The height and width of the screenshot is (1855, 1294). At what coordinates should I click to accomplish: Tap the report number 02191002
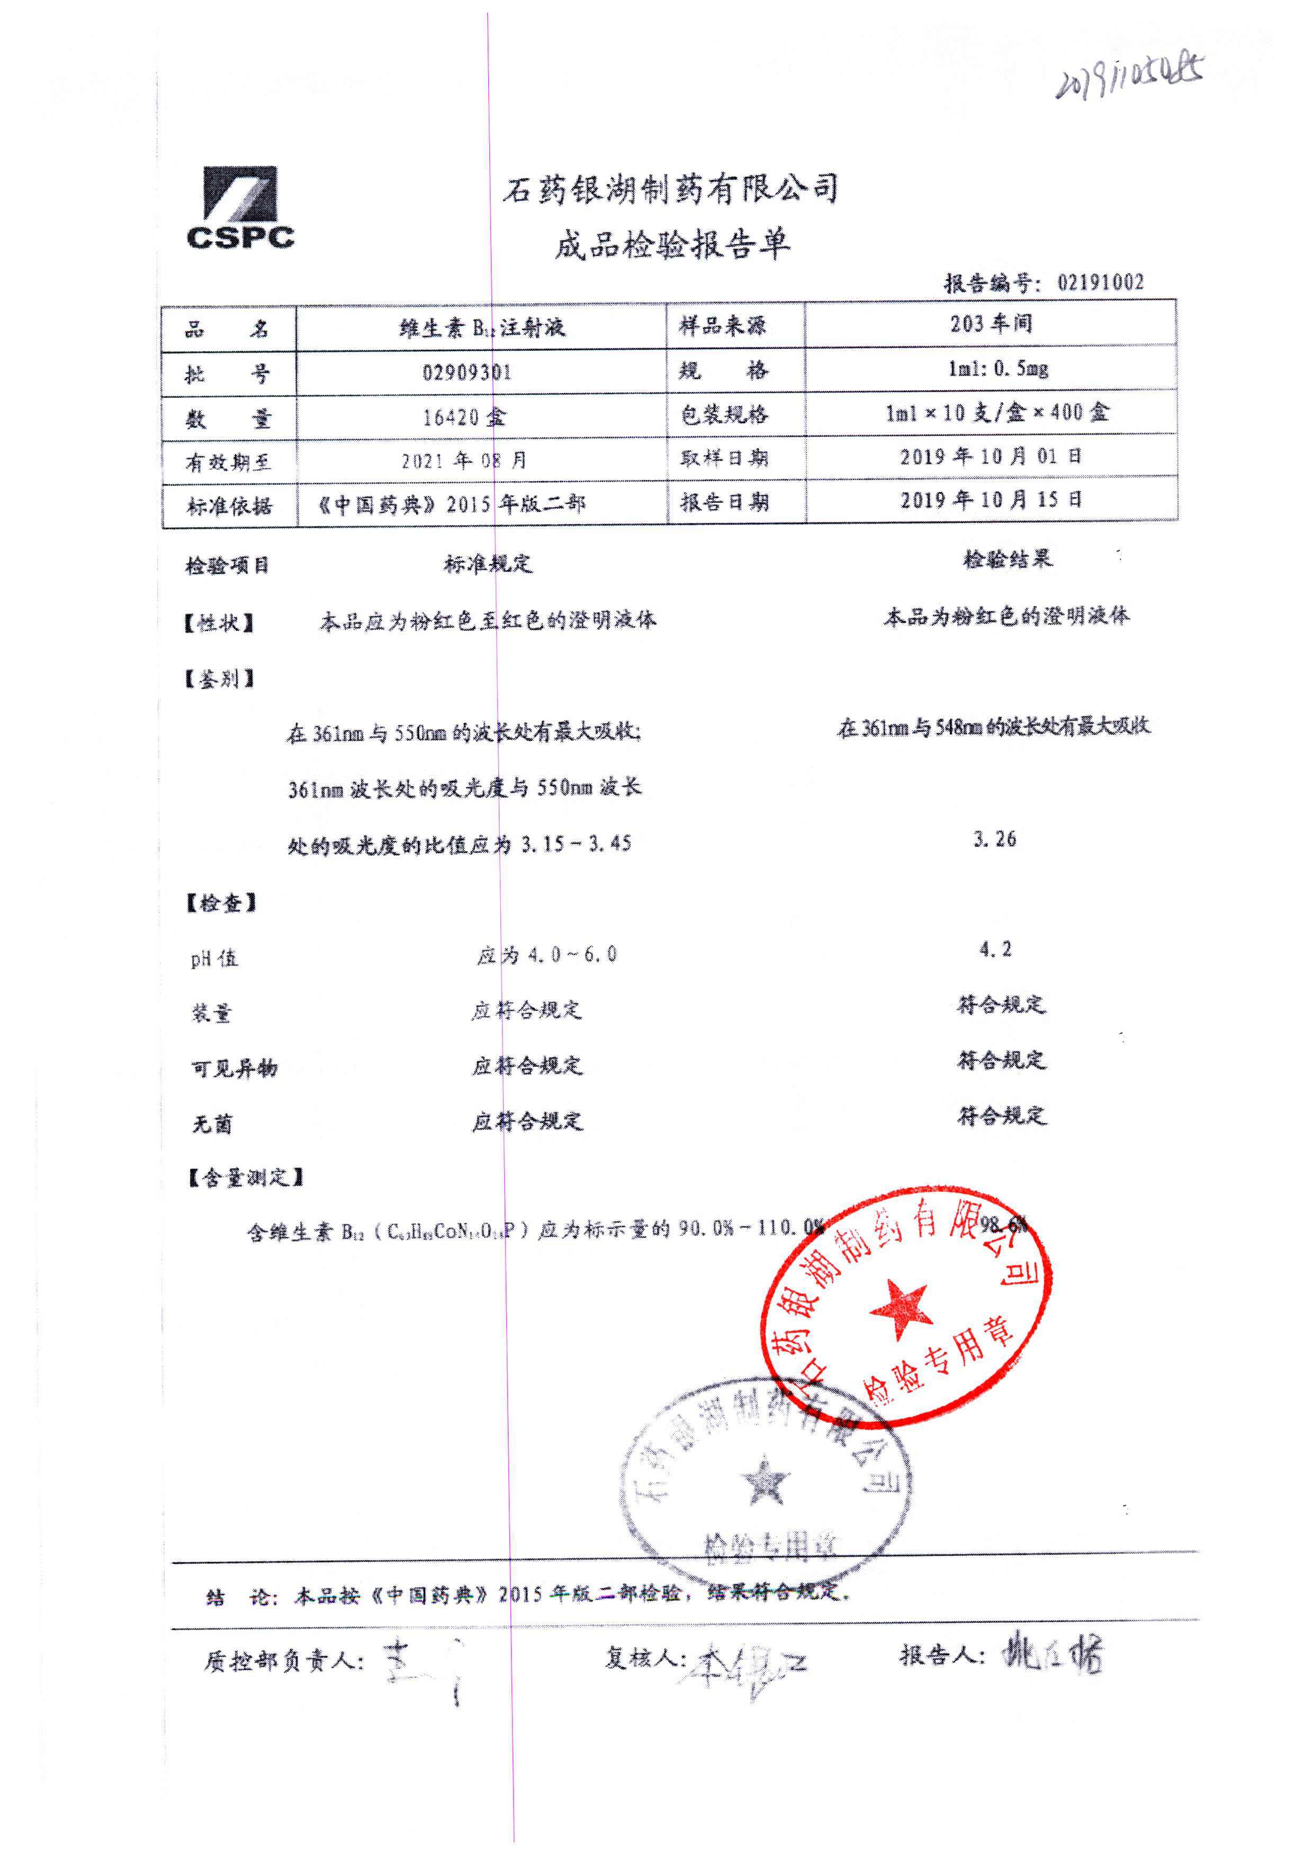(x=1100, y=282)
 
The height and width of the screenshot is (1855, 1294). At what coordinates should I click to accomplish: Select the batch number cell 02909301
(x=467, y=373)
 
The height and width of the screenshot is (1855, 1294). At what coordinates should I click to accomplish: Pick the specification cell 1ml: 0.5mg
(x=998, y=369)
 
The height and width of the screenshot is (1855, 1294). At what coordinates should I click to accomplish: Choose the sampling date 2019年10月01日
(x=991, y=457)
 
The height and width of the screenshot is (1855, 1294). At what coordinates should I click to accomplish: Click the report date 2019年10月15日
(x=991, y=500)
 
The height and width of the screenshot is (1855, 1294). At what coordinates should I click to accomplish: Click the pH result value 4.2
(x=995, y=949)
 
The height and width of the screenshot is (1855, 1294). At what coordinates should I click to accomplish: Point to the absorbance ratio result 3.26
(x=994, y=839)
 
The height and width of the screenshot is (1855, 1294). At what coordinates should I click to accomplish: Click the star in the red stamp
(x=899, y=1308)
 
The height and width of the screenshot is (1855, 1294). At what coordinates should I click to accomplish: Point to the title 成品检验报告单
(x=672, y=245)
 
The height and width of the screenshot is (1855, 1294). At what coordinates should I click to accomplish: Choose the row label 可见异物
(x=235, y=1069)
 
